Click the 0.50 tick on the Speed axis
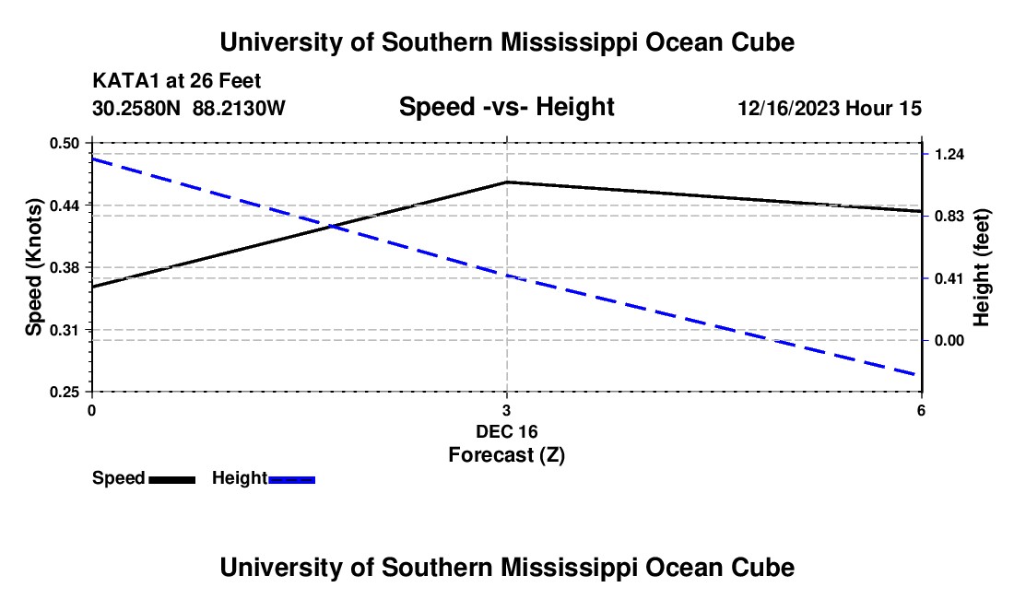coord(64,144)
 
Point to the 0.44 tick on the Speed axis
coord(64,206)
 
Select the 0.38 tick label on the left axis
coord(64,267)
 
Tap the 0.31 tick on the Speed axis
coord(64,330)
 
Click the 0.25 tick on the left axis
coord(64,393)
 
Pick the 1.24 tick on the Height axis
coord(949,154)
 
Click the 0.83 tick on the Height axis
coord(949,216)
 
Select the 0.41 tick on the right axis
coord(949,278)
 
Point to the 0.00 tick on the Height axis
coord(949,341)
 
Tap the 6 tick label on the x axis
coord(921,410)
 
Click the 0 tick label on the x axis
coord(92,410)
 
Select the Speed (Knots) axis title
coord(33,267)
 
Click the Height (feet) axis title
coord(981,267)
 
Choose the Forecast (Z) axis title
coord(507,455)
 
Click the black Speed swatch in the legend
coord(172,479)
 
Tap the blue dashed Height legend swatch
coord(291,479)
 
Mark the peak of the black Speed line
coord(507,182)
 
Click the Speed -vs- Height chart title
coord(507,107)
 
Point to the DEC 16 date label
coord(507,431)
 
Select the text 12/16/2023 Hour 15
coord(830,109)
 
